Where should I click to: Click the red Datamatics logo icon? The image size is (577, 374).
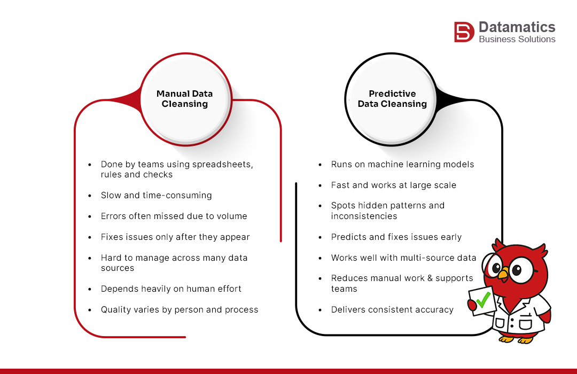[x=464, y=32]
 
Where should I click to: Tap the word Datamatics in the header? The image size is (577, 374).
[x=517, y=27]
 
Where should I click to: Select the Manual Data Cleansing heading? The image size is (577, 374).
[x=184, y=99]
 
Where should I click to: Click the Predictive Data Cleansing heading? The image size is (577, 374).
[x=392, y=99]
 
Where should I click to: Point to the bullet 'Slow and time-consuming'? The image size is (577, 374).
[x=156, y=196]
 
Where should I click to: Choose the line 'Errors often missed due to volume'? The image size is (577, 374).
[x=174, y=216]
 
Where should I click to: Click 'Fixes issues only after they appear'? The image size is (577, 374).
[x=175, y=237]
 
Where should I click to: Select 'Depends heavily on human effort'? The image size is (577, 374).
[x=171, y=289]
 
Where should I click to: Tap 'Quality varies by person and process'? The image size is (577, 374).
[x=180, y=310]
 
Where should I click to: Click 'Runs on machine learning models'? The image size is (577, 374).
[x=402, y=165]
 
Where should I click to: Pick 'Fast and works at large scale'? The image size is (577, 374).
[x=394, y=185]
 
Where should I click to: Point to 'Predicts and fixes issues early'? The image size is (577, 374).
[x=396, y=237]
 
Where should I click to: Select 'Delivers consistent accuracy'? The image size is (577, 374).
[x=392, y=310]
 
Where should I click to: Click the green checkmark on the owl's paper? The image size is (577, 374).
[x=483, y=300]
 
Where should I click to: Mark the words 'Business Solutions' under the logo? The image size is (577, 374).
[x=517, y=40]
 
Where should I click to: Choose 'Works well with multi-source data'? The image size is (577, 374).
[x=403, y=258]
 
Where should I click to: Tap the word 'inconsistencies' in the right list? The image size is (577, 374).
[x=364, y=216]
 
